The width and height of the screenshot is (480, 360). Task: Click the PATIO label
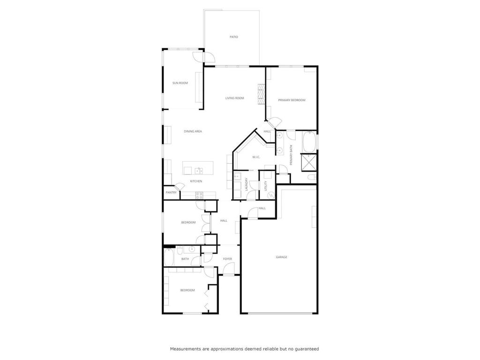[233, 37]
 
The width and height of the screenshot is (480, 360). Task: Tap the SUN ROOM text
[180, 83]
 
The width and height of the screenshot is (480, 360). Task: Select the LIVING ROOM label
[234, 98]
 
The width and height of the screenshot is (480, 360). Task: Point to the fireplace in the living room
[261, 94]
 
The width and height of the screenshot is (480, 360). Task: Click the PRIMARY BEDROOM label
[292, 100]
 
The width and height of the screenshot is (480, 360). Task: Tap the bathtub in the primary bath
[310, 142]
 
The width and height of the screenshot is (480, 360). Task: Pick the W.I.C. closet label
[256, 157]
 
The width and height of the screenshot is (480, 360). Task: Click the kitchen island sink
[199, 170]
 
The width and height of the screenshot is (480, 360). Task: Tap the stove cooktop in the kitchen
[199, 195]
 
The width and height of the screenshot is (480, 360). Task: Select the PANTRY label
[171, 192]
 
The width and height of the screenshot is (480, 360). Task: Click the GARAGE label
[281, 257]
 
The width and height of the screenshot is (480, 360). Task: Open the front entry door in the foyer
[228, 269]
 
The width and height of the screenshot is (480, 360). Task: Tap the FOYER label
[227, 259]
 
